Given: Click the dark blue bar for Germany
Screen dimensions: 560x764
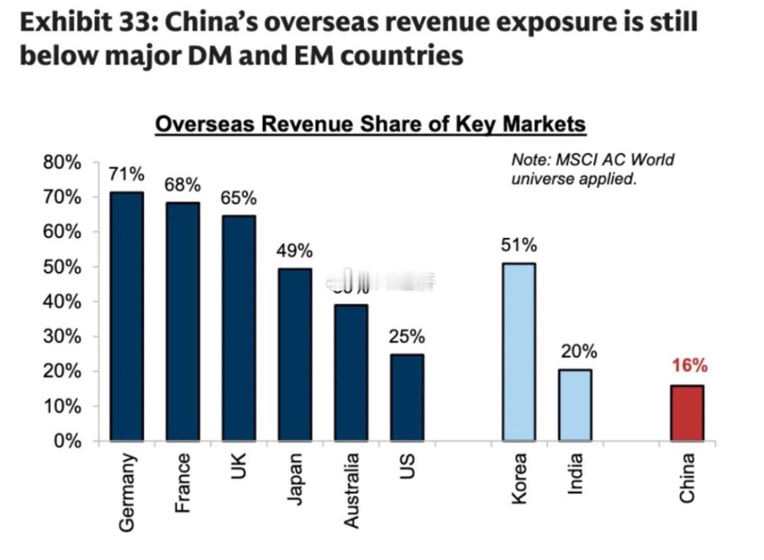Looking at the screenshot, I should click(x=127, y=316).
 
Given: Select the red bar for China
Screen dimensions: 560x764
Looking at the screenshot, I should click(x=687, y=413).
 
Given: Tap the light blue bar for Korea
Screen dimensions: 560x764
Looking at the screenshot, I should click(x=518, y=352).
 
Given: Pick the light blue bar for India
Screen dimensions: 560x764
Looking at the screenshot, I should click(x=575, y=405).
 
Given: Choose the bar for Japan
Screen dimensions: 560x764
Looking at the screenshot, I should click(x=294, y=355).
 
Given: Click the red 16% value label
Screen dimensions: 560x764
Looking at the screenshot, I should click(x=690, y=365).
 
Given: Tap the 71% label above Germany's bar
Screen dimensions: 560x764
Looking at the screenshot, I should click(x=126, y=174).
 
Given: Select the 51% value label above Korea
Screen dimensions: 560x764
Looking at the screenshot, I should click(x=519, y=246).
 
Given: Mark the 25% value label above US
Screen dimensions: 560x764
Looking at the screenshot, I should click(x=407, y=337).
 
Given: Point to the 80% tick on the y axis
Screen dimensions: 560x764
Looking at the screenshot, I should click(x=63, y=163).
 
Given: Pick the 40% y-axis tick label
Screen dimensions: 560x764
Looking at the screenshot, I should click(x=63, y=302).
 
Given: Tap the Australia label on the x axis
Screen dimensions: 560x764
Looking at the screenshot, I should click(x=351, y=490).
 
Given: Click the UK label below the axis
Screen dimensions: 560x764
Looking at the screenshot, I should click(x=238, y=467).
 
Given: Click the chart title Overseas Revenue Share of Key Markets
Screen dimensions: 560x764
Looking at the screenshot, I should click(x=370, y=124).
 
